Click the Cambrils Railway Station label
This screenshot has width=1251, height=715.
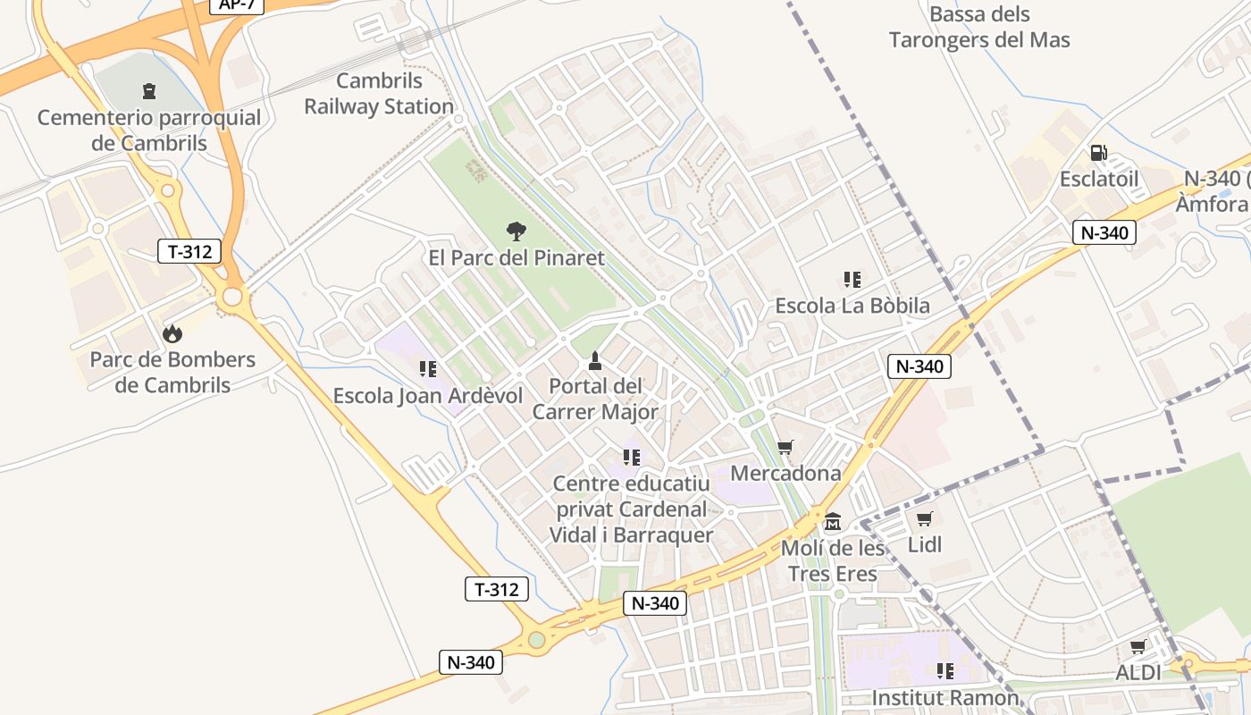[379, 94]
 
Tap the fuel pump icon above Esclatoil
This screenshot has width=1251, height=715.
[1098, 153]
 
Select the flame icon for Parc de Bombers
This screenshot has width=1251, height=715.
[172, 333]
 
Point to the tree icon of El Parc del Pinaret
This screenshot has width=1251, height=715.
[516, 231]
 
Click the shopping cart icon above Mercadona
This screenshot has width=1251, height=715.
[785, 447]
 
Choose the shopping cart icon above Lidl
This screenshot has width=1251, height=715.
[925, 518]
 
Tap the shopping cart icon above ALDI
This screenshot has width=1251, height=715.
[1138, 646]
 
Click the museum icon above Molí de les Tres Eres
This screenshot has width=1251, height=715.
[833, 521]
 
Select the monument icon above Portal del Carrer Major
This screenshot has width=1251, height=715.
[595, 361]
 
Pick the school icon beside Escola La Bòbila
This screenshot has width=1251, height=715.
[852, 279]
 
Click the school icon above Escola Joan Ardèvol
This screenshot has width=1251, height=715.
[428, 368]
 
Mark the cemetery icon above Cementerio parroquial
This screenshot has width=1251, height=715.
[148, 90]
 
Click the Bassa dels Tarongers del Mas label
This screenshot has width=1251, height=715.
[979, 27]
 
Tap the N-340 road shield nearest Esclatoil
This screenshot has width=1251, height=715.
[1104, 233]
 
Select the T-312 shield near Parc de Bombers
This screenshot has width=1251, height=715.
[189, 251]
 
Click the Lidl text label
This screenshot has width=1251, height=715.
[925, 544]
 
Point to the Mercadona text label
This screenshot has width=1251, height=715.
[786, 473]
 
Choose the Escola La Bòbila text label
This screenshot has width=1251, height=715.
[852, 305]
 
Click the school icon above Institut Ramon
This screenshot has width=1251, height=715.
[945, 670]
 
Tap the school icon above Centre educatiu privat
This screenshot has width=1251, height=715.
[632, 458]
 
